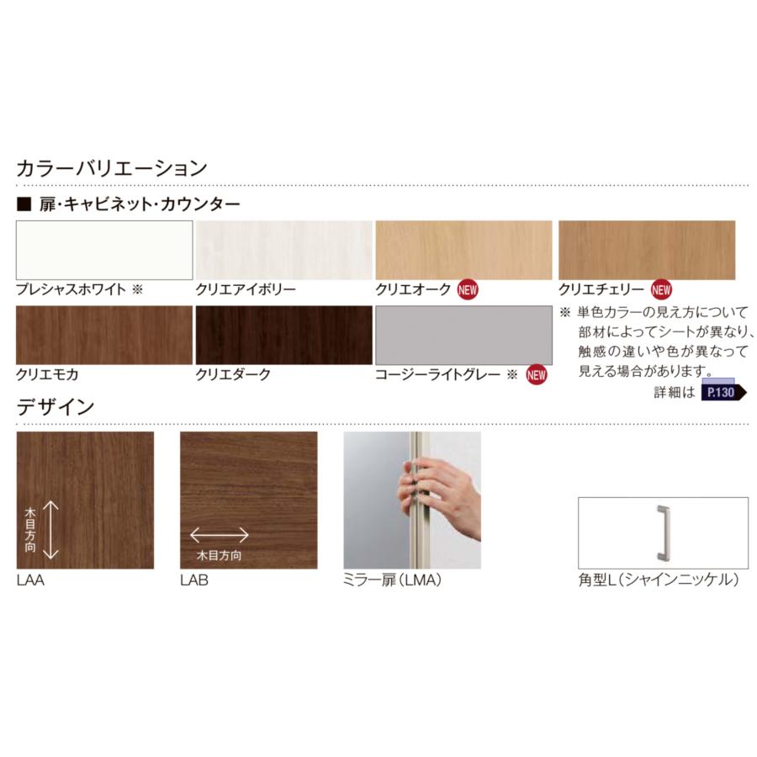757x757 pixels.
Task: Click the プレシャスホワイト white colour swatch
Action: pyautogui.click(x=104, y=250)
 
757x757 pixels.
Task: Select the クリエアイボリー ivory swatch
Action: pyautogui.click(x=283, y=250)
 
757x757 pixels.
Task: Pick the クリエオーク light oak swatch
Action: pyautogui.click(x=463, y=250)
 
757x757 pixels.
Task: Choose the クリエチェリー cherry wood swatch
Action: pyautogui.click(x=646, y=250)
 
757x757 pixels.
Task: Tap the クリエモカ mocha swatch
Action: pyautogui.click(x=104, y=335)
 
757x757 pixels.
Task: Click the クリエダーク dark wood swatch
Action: pyautogui.click(x=283, y=335)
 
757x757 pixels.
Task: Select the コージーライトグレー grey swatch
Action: pyautogui.click(x=463, y=335)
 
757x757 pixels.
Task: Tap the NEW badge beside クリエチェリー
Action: pyautogui.click(x=662, y=290)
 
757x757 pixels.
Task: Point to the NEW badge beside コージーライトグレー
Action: pyautogui.click(x=536, y=375)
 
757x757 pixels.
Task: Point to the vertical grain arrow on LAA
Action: pyautogui.click(x=49, y=529)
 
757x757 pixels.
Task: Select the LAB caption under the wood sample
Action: pyautogui.click(x=194, y=580)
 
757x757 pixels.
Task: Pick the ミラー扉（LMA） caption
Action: pyautogui.click(x=393, y=580)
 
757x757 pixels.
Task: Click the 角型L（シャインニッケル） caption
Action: pyautogui.click(x=659, y=580)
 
